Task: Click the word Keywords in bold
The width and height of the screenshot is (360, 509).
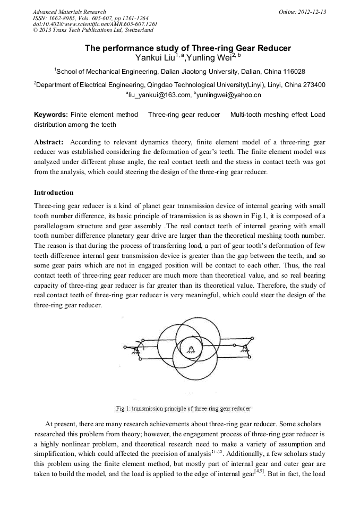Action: click(x=50, y=115)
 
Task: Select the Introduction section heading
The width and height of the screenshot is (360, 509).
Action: click(x=54, y=192)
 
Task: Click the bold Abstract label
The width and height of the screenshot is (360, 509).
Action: click(x=49, y=143)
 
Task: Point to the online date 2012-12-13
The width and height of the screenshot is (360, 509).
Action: click(x=312, y=12)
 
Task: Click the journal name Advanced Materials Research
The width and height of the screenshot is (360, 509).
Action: click(x=69, y=12)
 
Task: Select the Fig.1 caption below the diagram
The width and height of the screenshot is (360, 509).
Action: click(x=183, y=409)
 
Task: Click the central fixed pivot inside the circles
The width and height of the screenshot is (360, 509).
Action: click(x=190, y=349)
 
